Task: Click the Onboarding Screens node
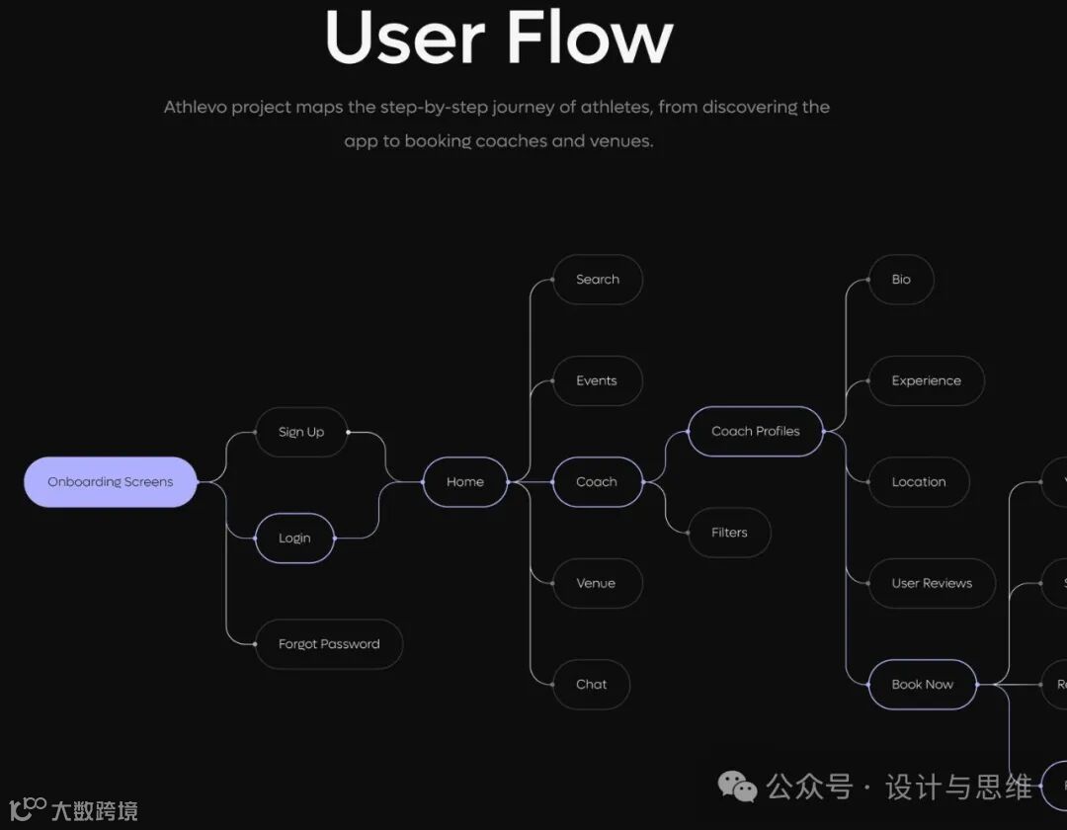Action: click(111, 482)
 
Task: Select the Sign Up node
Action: click(301, 432)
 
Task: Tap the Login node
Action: click(294, 539)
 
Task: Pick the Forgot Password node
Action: click(329, 644)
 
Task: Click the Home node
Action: click(465, 482)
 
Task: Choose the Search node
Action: click(598, 280)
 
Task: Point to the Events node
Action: click(597, 381)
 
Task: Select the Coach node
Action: click(597, 482)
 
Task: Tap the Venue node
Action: click(596, 584)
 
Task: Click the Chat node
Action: click(591, 685)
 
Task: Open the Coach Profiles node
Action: click(756, 432)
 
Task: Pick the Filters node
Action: click(729, 533)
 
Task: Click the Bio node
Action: click(901, 280)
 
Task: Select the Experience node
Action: click(926, 381)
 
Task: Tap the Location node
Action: click(919, 482)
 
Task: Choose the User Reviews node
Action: click(932, 584)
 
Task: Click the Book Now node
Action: click(923, 685)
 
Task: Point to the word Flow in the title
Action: click(590, 38)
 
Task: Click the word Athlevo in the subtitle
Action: click(195, 107)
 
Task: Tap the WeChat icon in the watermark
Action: click(737, 788)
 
